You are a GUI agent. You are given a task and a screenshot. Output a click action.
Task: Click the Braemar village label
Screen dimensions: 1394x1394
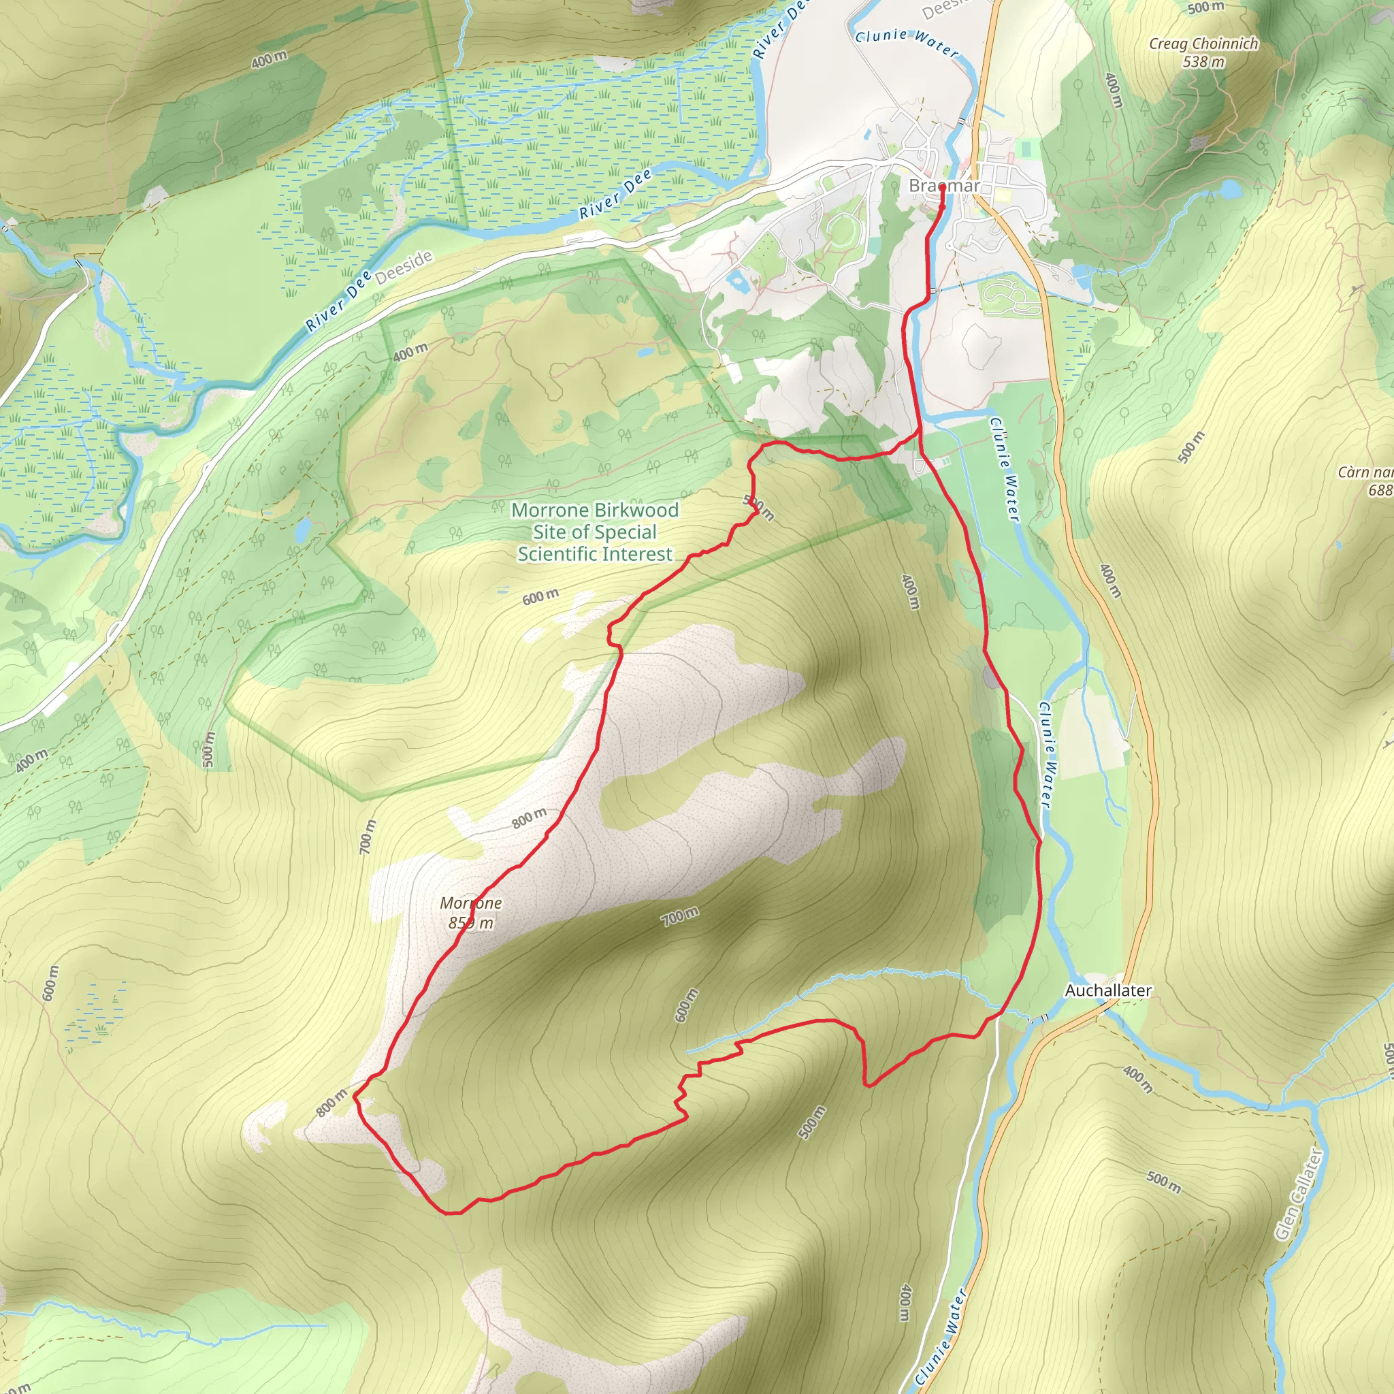(944, 185)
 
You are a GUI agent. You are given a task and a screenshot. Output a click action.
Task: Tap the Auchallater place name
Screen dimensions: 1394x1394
(1107, 990)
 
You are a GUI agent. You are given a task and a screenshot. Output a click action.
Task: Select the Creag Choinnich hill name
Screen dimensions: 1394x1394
(1203, 44)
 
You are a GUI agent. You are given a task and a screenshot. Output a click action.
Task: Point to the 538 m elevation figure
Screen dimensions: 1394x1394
(1203, 62)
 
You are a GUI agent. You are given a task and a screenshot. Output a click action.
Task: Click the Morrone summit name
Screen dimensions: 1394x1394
(470, 903)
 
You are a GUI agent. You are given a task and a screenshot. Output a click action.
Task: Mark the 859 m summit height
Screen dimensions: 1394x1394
(470, 923)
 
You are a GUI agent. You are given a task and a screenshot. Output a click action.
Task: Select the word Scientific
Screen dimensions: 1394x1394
(557, 553)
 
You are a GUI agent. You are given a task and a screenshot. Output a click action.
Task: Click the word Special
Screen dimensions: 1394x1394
(624, 532)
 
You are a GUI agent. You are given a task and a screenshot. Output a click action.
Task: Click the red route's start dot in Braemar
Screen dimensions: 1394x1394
(942, 187)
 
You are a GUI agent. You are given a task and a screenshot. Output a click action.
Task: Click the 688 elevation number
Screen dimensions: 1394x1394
(1380, 491)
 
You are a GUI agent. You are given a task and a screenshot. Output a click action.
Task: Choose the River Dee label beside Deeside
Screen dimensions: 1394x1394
(338, 301)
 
